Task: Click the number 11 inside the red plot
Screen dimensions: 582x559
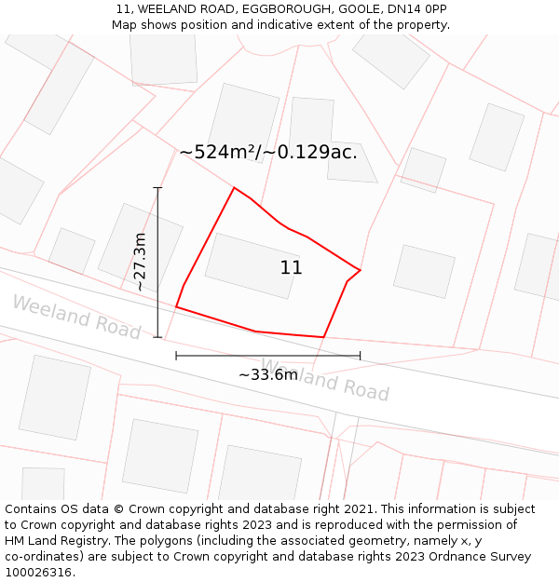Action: tap(291, 268)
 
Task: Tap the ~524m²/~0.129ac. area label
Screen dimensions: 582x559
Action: tap(268, 152)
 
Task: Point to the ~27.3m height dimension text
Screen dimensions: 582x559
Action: tap(141, 262)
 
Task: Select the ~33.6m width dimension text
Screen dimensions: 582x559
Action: tap(268, 374)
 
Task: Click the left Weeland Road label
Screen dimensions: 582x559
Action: tap(76, 317)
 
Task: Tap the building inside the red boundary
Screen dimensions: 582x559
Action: tap(252, 265)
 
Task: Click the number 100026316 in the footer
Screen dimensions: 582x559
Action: tap(38, 573)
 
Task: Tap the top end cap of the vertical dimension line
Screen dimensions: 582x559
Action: tap(157, 188)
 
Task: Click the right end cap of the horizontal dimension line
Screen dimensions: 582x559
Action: tap(360, 355)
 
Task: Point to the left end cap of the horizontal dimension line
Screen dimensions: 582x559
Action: tap(176, 355)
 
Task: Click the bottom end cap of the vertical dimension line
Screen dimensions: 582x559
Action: tap(157, 337)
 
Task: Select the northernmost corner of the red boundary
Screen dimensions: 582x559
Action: tap(234, 188)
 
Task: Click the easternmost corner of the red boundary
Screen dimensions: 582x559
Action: tap(360, 271)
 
